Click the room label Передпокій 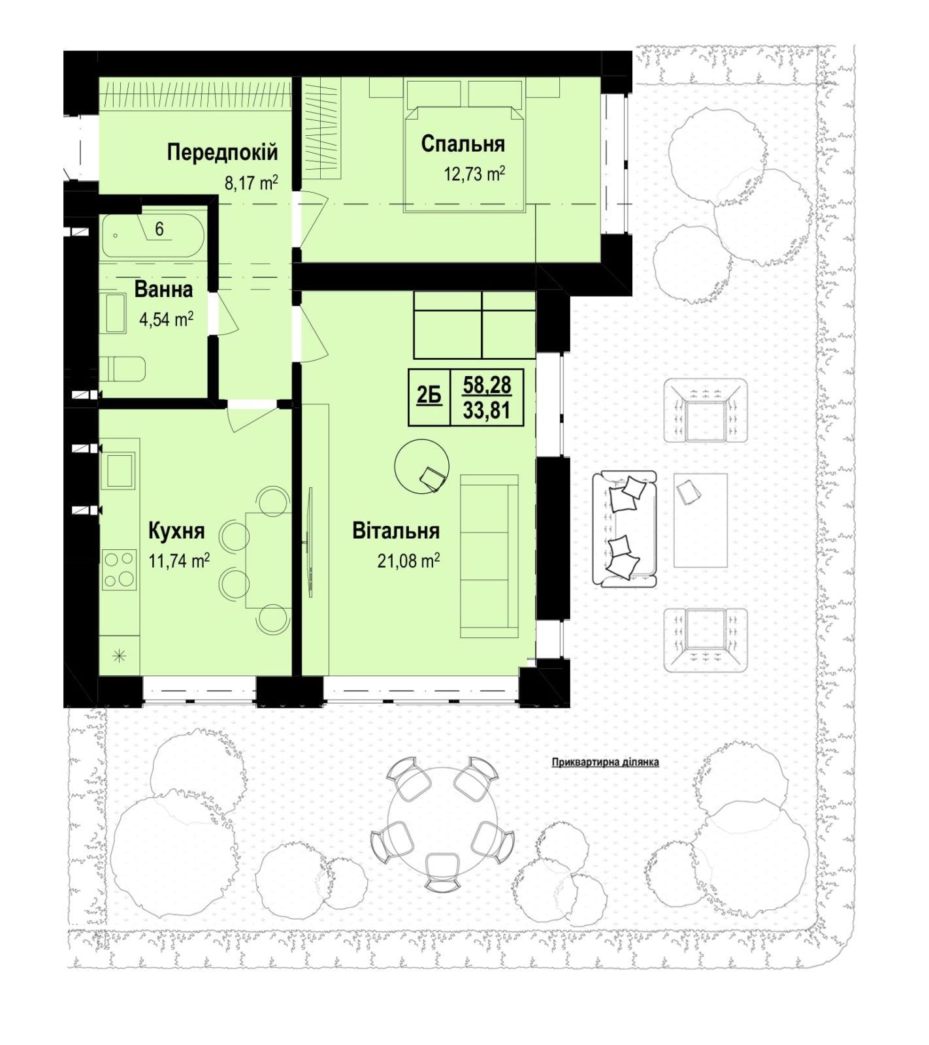(222, 152)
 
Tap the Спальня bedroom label (463, 144)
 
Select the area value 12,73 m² (474, 174)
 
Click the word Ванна (163, 289)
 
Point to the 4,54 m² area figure (166, 319)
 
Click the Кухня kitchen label (176, 531)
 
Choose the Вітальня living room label (396, 530)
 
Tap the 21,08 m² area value (408, 560)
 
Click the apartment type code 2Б (429, 396)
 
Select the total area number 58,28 (487, 385)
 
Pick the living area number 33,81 (487, 411)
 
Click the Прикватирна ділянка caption (606, 762)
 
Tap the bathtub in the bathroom (154, 236)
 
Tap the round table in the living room (422, 466)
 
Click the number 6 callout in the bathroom (159, 229)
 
